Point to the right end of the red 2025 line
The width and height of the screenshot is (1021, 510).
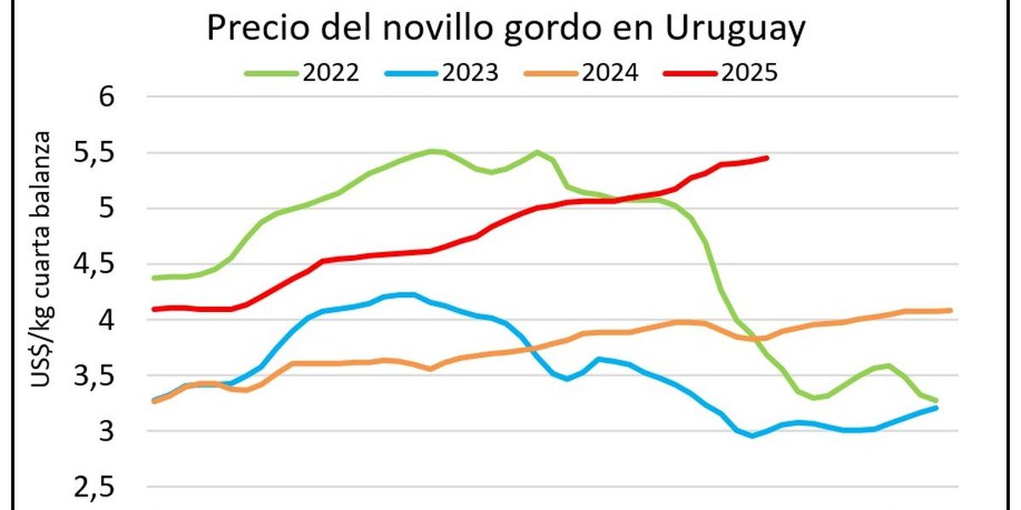767,157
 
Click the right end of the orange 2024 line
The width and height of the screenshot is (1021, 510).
950,310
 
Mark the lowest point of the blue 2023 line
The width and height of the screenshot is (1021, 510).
751,436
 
